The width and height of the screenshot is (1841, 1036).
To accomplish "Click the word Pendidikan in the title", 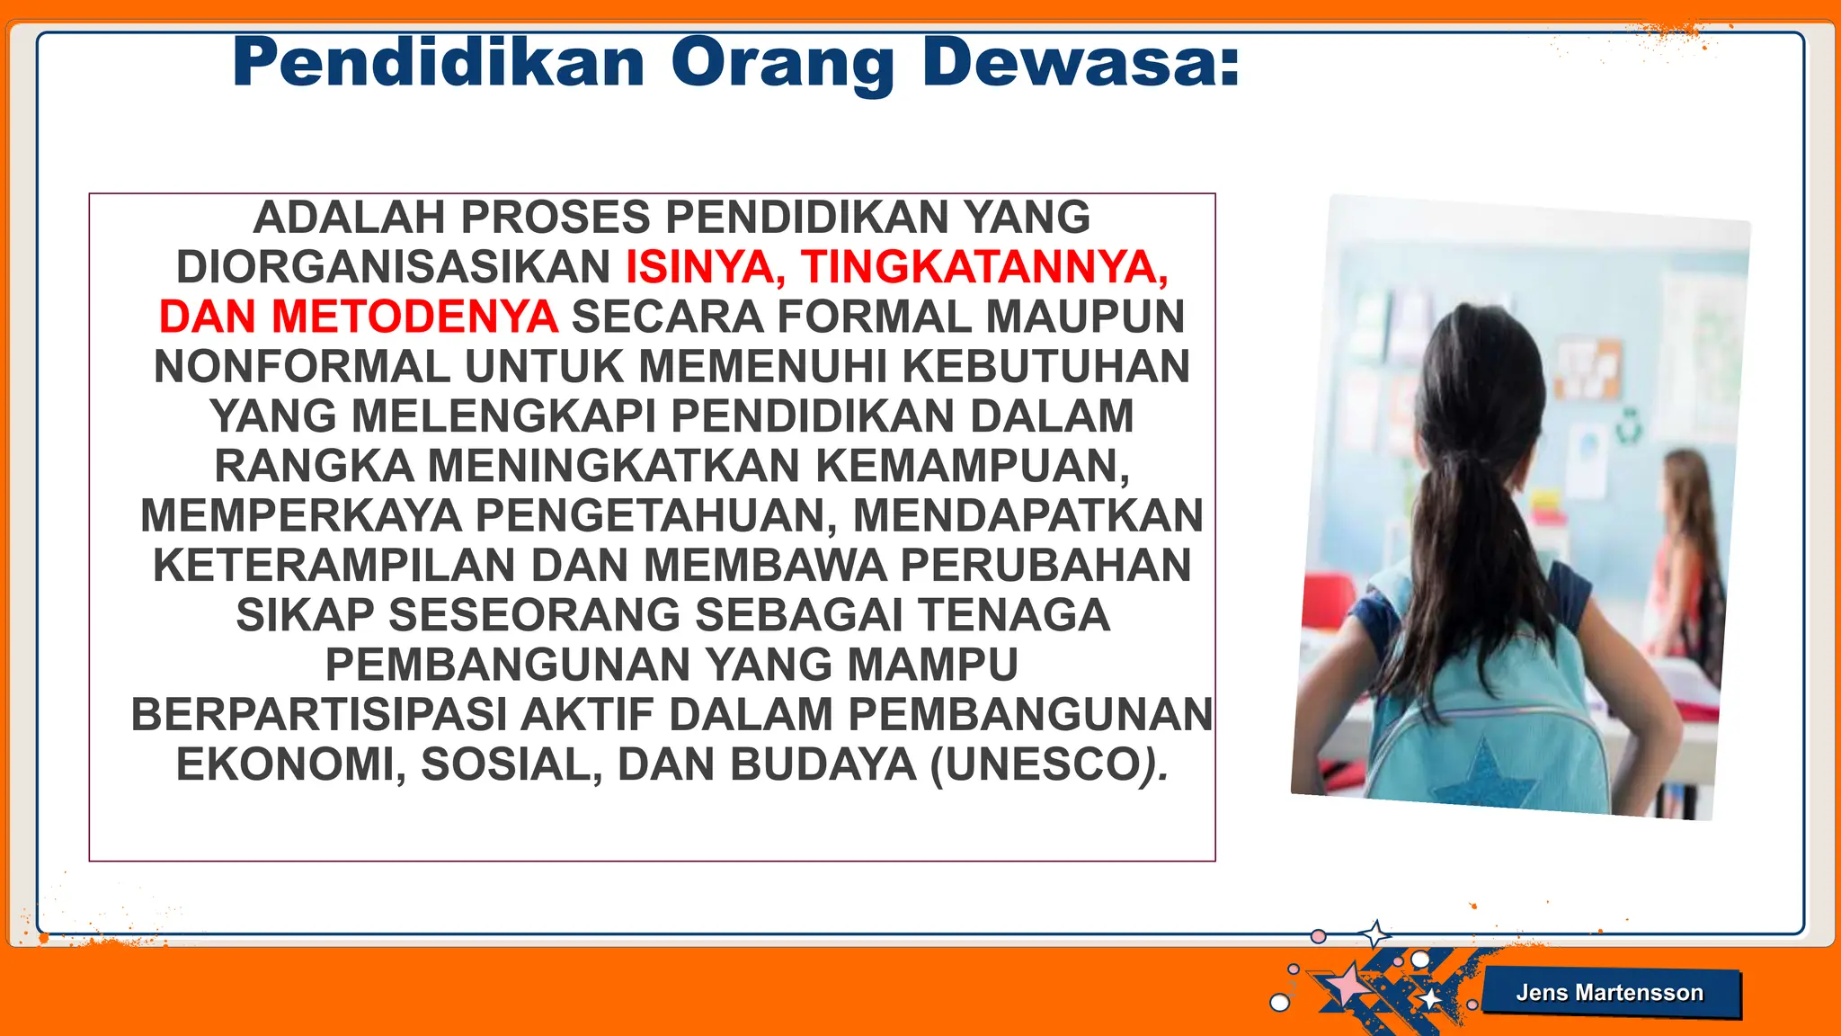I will click(x=439, y=63).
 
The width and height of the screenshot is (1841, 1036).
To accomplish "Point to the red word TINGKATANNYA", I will click(x=984, y=267).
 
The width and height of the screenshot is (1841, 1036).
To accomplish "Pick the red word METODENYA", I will click(x=414, y=317).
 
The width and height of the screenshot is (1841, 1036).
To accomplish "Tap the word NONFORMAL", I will click(x=302, y=367).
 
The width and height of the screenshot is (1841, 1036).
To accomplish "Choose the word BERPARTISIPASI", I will click(x=319, y=715).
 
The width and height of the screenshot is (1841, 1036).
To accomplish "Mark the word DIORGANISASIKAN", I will click(x=393, y=267).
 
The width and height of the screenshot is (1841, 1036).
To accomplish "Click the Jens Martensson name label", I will click(x=1609, y=993).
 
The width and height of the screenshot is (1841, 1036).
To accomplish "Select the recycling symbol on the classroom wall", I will click(x=1629, y=425).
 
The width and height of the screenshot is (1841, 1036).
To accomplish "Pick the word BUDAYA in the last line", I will click(x=823, y=765).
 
